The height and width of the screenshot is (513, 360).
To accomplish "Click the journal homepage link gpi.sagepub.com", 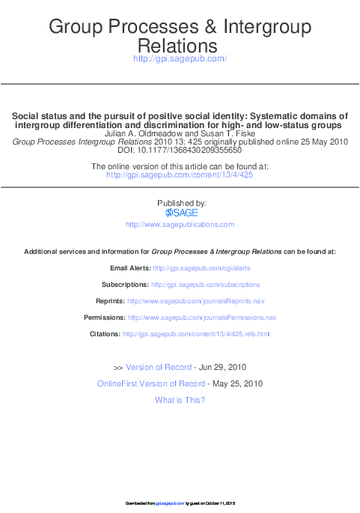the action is pos(180,58).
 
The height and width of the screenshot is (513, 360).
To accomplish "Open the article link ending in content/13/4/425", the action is pos(180,174).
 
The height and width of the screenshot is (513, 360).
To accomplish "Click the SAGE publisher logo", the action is pos(181,213).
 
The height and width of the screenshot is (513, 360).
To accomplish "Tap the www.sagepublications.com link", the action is pos(180,225).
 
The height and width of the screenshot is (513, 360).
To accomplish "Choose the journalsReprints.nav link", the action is pos(196,301).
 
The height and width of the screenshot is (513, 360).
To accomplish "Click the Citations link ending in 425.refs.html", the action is pos(196,334).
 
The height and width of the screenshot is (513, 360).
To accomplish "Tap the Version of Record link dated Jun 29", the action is pos(158,368).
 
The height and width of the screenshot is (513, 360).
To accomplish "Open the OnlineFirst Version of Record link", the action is pos(151,384).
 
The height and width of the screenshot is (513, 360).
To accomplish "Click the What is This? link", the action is pos(180,400).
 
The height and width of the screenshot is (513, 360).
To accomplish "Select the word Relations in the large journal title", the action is pos(180,46).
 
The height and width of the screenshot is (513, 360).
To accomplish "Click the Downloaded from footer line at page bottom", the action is pos(180,503).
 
